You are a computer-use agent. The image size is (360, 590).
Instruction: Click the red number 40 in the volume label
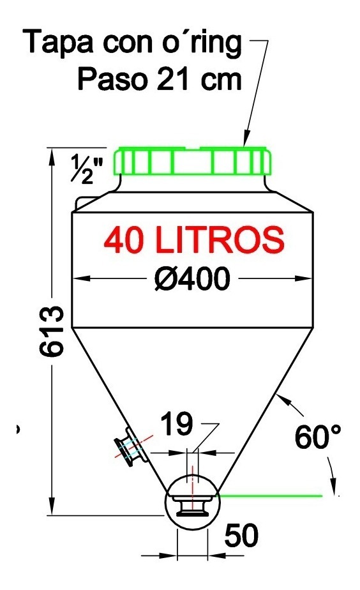[x=126, y=240]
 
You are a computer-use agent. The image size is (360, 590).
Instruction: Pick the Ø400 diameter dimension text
[x=191, y=278]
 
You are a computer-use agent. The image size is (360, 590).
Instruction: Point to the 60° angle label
[x=317, y=438]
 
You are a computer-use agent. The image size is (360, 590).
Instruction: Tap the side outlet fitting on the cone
[x=128, y=448]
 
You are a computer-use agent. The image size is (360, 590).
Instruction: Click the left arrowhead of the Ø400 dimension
[x=78, y=278]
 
